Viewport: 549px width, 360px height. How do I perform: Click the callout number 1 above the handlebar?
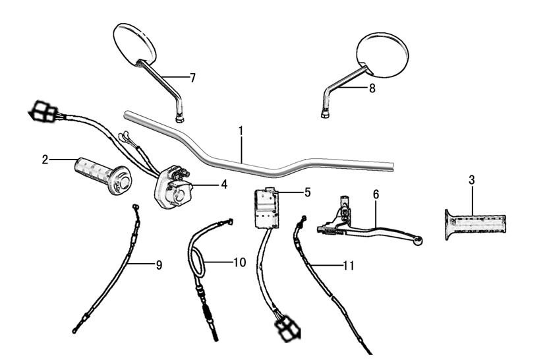point(241,131)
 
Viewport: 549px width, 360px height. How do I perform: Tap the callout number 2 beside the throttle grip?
point(45,159)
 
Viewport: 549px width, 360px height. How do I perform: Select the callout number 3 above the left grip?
point(472,179)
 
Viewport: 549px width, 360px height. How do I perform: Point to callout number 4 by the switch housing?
point(224,185)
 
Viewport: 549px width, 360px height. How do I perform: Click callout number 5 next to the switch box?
point(307,193)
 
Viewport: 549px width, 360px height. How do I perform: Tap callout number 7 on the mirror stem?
point(192,78)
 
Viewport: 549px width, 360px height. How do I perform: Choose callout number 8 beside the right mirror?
point(372,88)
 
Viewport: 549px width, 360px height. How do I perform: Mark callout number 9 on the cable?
point(159,265)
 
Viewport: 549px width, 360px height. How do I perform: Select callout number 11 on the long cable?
point(349,266)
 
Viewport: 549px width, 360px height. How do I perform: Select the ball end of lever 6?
point(417,241)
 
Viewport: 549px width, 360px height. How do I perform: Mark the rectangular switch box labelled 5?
point(266,206)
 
